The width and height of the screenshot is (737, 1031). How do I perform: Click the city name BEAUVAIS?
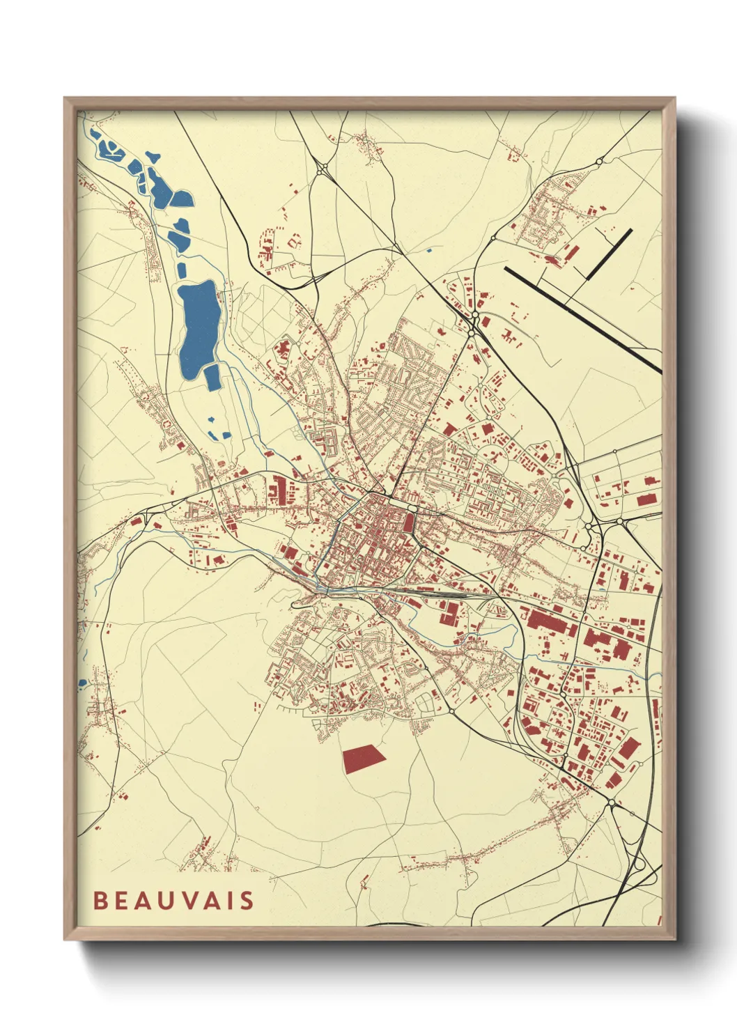pyautogui.click(x=173, y=900)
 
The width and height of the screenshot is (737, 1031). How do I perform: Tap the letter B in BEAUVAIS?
pyautogui.click(x=100, y=900)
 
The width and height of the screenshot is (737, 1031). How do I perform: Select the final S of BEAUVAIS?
pyautogui.click(x=248, y=900)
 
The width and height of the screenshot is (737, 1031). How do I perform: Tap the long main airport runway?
pyautogui.click(x=582, y=318)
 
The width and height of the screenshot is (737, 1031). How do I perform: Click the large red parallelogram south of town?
pyautogui.click(x=363, y=757)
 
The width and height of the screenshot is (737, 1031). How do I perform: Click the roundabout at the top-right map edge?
pyautogui.click(x=599, y=162)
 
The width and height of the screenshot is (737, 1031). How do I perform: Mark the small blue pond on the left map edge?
pyautogui.click(x=82, y=682)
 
